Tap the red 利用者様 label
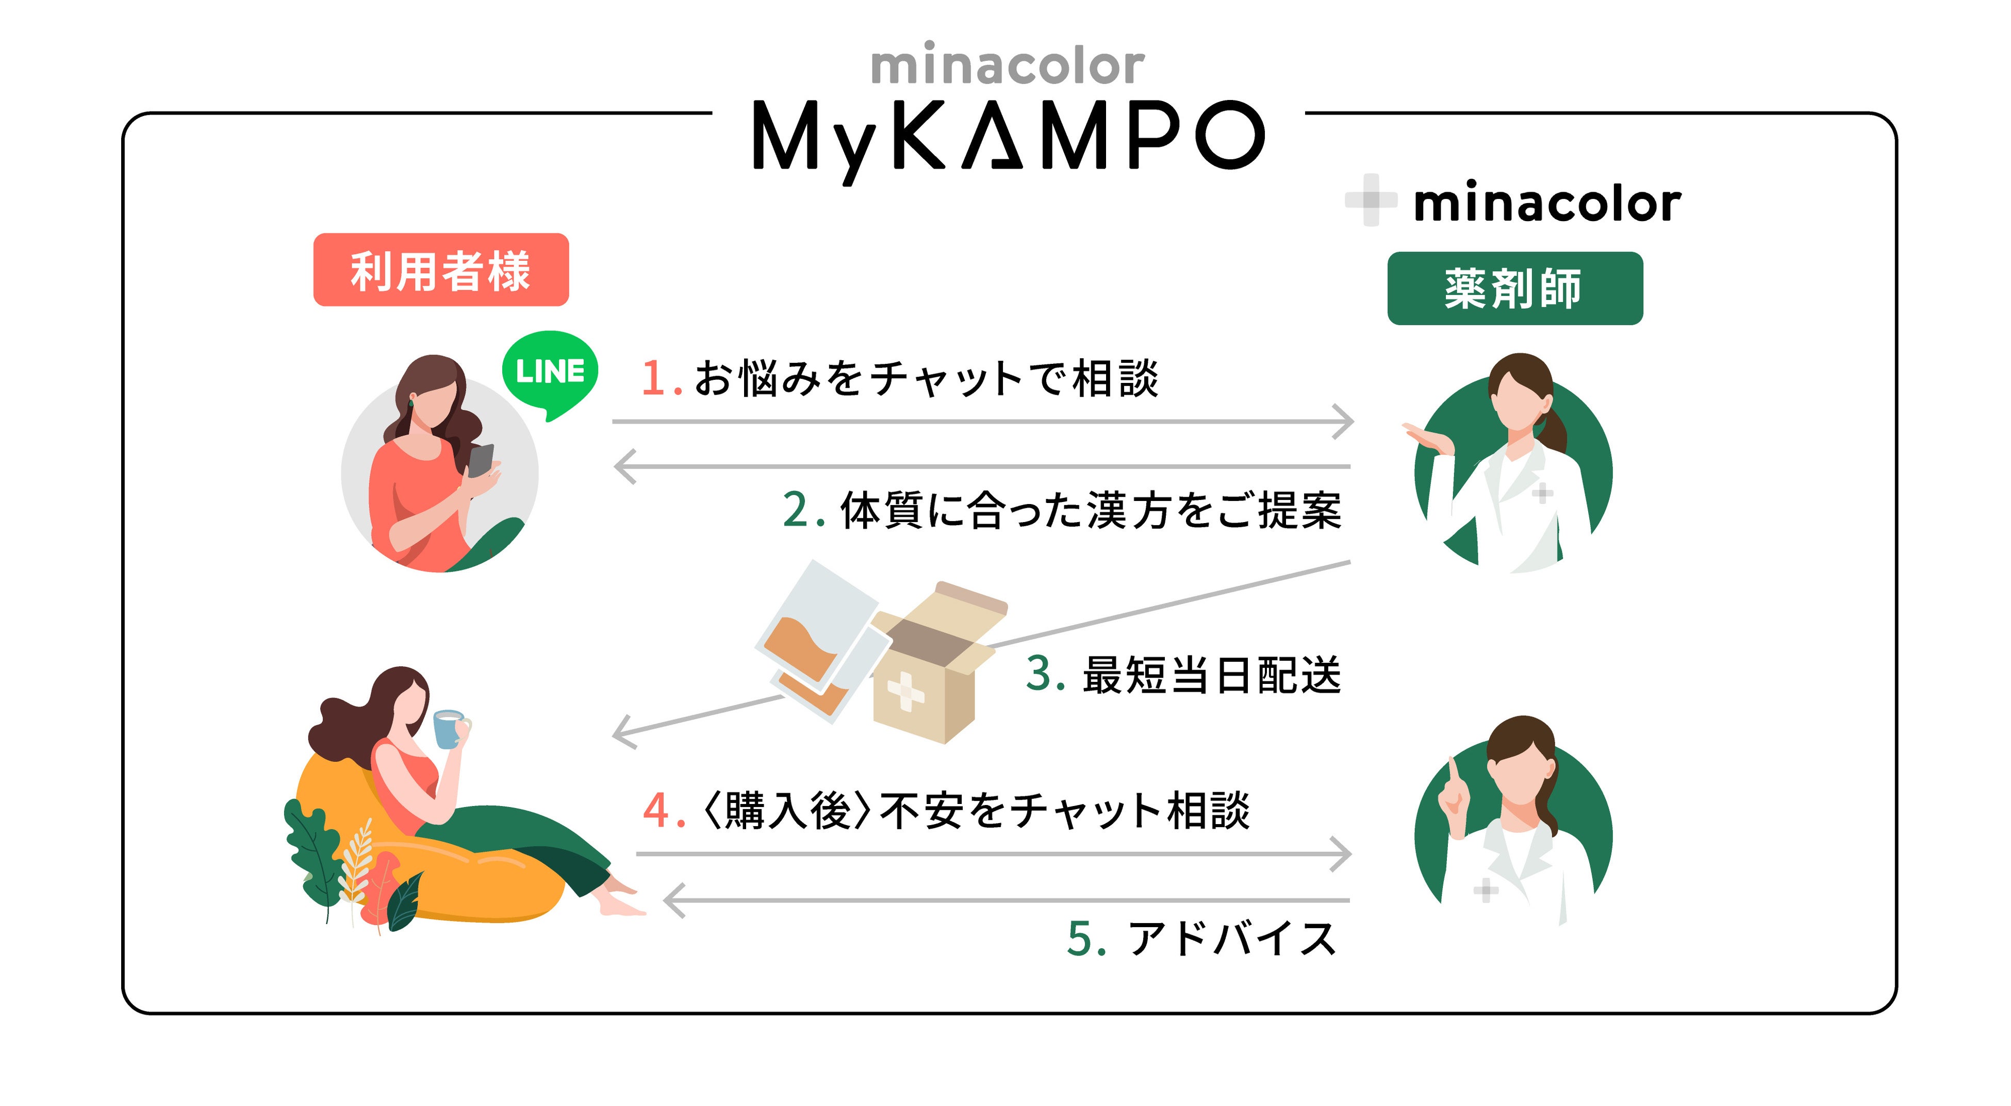pos(440,270)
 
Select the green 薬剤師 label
pos(1514,288)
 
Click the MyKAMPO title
pos(1007,137)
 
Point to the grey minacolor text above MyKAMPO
pos(1007,66)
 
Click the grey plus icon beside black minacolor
pos(1370,200)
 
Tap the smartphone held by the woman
pos(480,459)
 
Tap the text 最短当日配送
pos(1211,675)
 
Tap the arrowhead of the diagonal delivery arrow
pos(622,734)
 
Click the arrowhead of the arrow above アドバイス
pos(673,901)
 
